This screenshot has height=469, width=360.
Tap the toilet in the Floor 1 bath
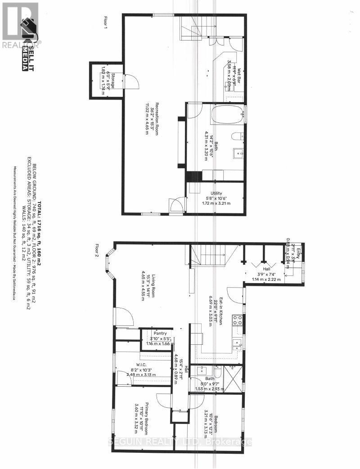pyautogui.click(x=237, y=136)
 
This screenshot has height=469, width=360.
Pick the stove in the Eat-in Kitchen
pyautogui.click(x=237, y=320)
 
